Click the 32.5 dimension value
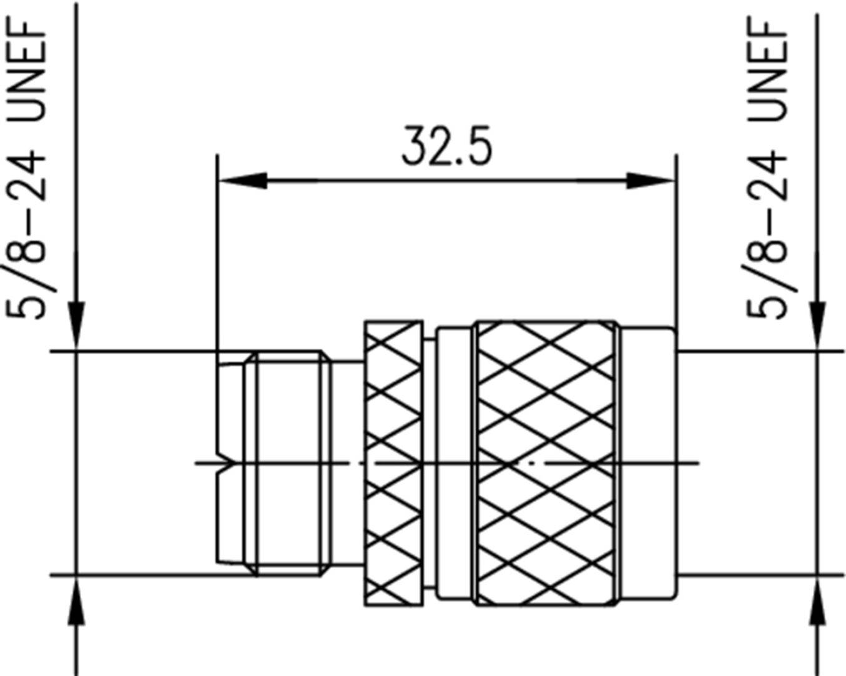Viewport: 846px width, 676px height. [x=446, y=147]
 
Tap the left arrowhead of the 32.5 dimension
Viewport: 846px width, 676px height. [x=243, y=181]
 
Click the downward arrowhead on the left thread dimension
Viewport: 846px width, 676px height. [x=76, y=325]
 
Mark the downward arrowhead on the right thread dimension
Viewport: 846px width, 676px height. [x=817, y=325]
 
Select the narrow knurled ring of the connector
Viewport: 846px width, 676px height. [x=393, y=463]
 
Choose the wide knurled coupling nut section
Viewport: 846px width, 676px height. [x=545, y=463]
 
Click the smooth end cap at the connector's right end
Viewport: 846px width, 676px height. [x=649, y=463]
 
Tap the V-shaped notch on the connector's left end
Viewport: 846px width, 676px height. [x=225, y=464]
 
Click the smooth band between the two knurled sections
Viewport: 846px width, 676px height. [x=454, y=463]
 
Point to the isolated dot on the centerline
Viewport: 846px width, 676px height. [x=531, y=464]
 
